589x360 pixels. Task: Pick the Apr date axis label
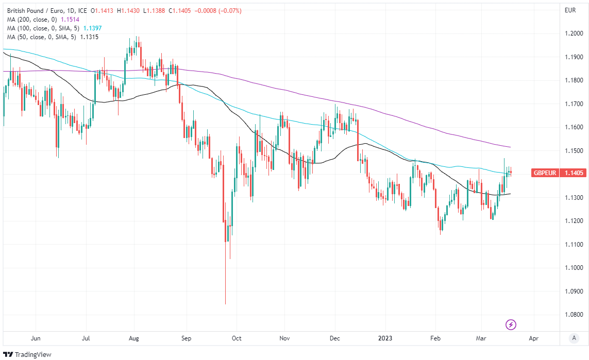[x=533, y=338]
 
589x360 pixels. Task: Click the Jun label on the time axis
[x=36, y=338]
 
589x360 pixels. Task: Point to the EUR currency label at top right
[x=570, y=10]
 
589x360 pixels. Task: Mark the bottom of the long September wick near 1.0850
[x=226, y=303]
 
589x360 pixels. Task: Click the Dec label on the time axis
[x=334, y=338]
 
